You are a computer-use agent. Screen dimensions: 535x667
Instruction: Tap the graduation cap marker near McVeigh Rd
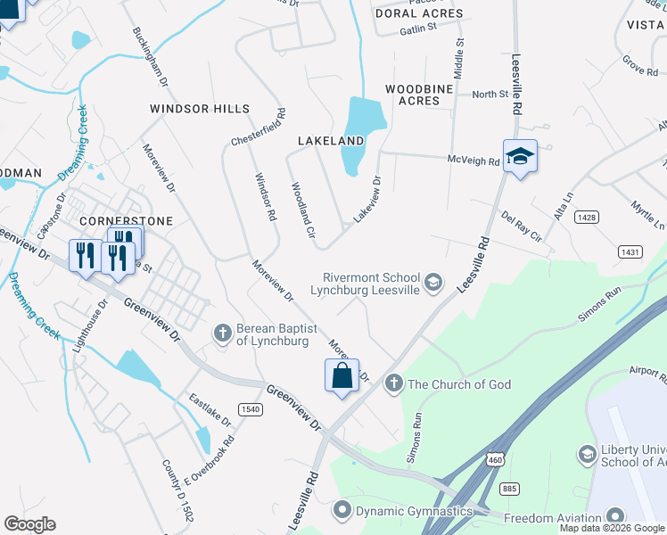520,157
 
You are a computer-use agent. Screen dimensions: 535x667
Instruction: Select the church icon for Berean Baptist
224,333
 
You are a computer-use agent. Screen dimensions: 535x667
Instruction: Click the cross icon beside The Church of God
393,383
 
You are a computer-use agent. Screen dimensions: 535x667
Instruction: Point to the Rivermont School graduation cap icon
433,283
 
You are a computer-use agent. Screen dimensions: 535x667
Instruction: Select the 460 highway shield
493,458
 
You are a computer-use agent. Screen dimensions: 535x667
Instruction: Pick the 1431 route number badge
630,252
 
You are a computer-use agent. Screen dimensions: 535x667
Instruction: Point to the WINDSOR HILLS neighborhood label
200,109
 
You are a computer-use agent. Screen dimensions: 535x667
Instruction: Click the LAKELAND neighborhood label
331,141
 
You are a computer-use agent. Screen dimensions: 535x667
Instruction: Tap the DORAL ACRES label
419,13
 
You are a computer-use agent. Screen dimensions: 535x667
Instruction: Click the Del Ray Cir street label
522,226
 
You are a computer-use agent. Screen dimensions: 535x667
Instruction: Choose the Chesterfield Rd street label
259,128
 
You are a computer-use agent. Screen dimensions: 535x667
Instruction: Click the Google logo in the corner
29,524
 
